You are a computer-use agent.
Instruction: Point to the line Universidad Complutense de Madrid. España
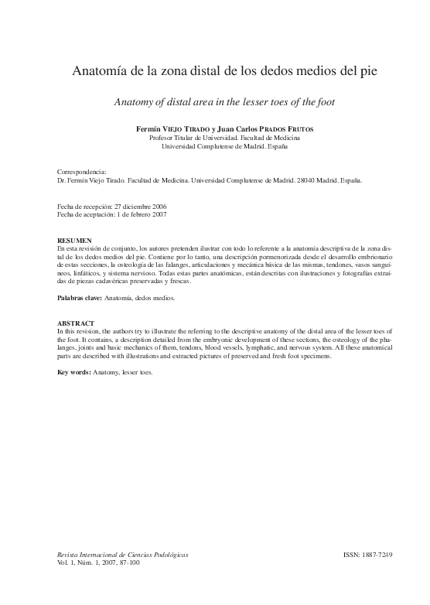point(213,145)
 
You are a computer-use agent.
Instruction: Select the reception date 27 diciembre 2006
point(140,207)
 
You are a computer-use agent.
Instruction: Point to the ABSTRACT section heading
point(76,322)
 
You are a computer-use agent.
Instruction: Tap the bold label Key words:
point(73,371)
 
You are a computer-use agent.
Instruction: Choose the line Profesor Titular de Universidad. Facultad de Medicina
point(214,137)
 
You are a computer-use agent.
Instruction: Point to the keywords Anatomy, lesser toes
point(122,371)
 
